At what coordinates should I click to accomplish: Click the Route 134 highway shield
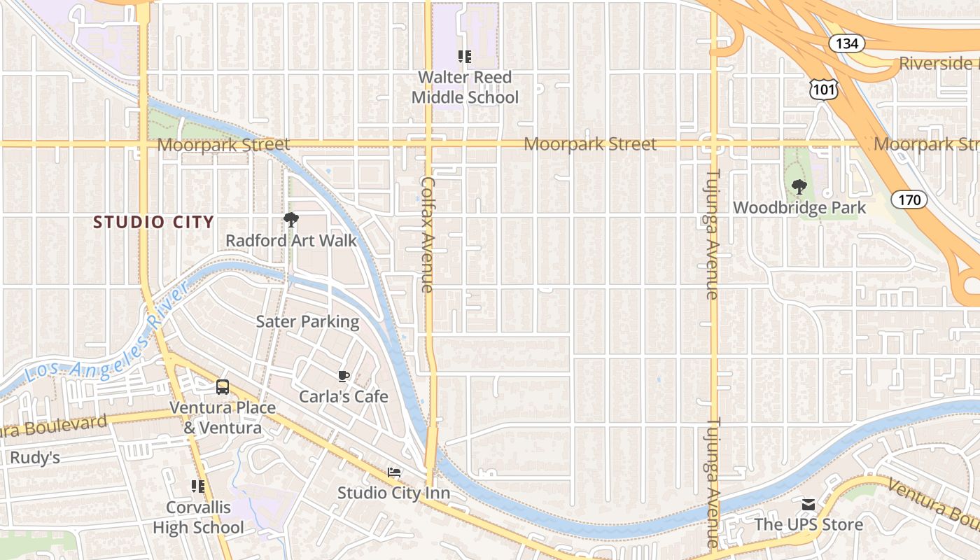tap(847, 43)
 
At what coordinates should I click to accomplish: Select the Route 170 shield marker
tap(909, 200)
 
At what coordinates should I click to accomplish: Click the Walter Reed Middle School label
tap(465, 87)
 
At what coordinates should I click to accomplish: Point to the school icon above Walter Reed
tap(465, 57)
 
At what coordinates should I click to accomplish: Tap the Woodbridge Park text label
tap(799, 208)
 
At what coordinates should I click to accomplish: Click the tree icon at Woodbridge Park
tap(799, 187)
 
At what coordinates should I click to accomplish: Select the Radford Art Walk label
tap(290, 241)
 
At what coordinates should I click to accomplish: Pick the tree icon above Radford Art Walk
tap(290, 220)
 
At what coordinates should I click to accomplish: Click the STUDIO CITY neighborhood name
tap(153, 223)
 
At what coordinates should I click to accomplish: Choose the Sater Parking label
tap(307, 322)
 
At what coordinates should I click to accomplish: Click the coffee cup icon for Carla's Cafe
tap(343, 376)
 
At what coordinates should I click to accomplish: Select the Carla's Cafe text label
tap(343, 397)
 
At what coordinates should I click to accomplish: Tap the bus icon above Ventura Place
tap(223, 386)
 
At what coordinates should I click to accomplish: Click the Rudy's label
tap(34, 458)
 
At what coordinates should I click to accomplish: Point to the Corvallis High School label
tap(198, 517)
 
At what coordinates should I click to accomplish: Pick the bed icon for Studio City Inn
tap(394, 472)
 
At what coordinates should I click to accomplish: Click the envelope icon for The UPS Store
tap(808, 504)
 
